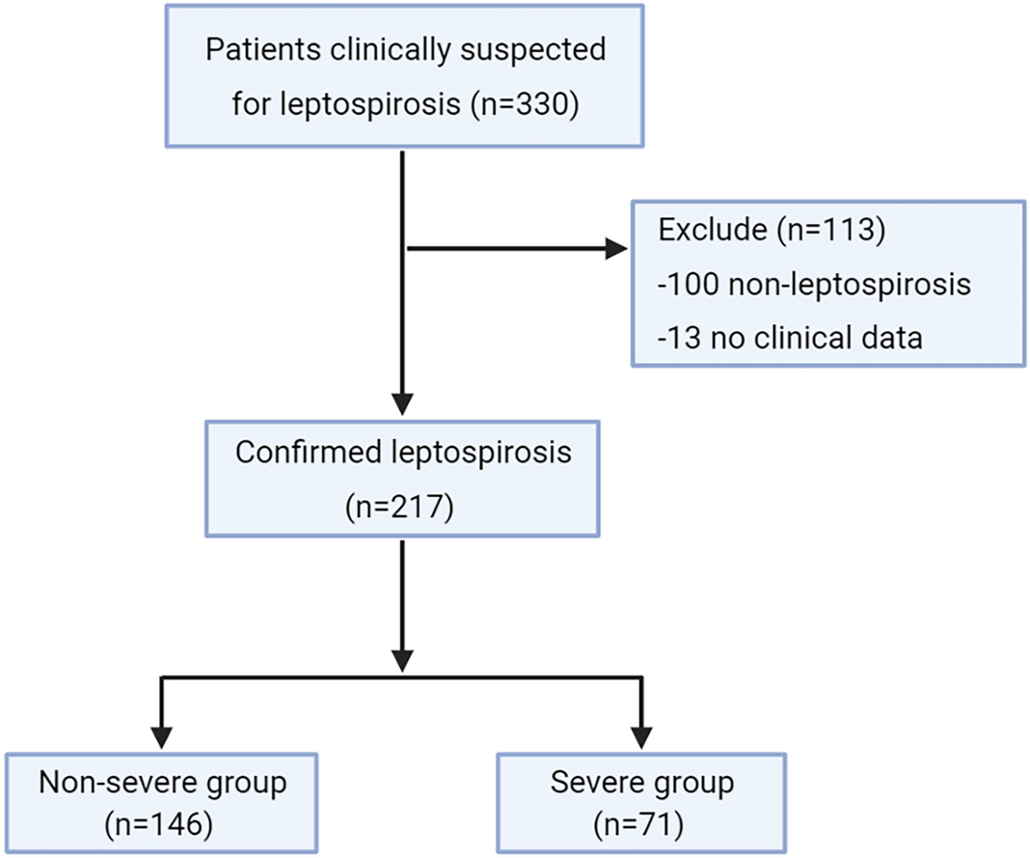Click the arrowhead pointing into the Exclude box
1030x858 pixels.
[x=614, y=249]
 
